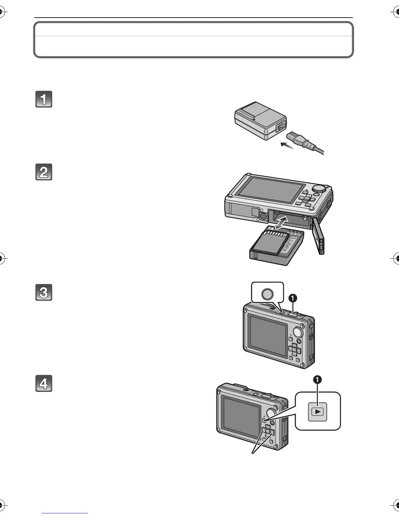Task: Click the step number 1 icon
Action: tap(44, 99)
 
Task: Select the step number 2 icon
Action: tap(44, 172)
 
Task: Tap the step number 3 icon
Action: tap(44, 293)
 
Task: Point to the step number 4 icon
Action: tap(44, 383)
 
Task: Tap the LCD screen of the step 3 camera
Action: tap(267, 335)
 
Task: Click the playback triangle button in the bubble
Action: tap(318, 411)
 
